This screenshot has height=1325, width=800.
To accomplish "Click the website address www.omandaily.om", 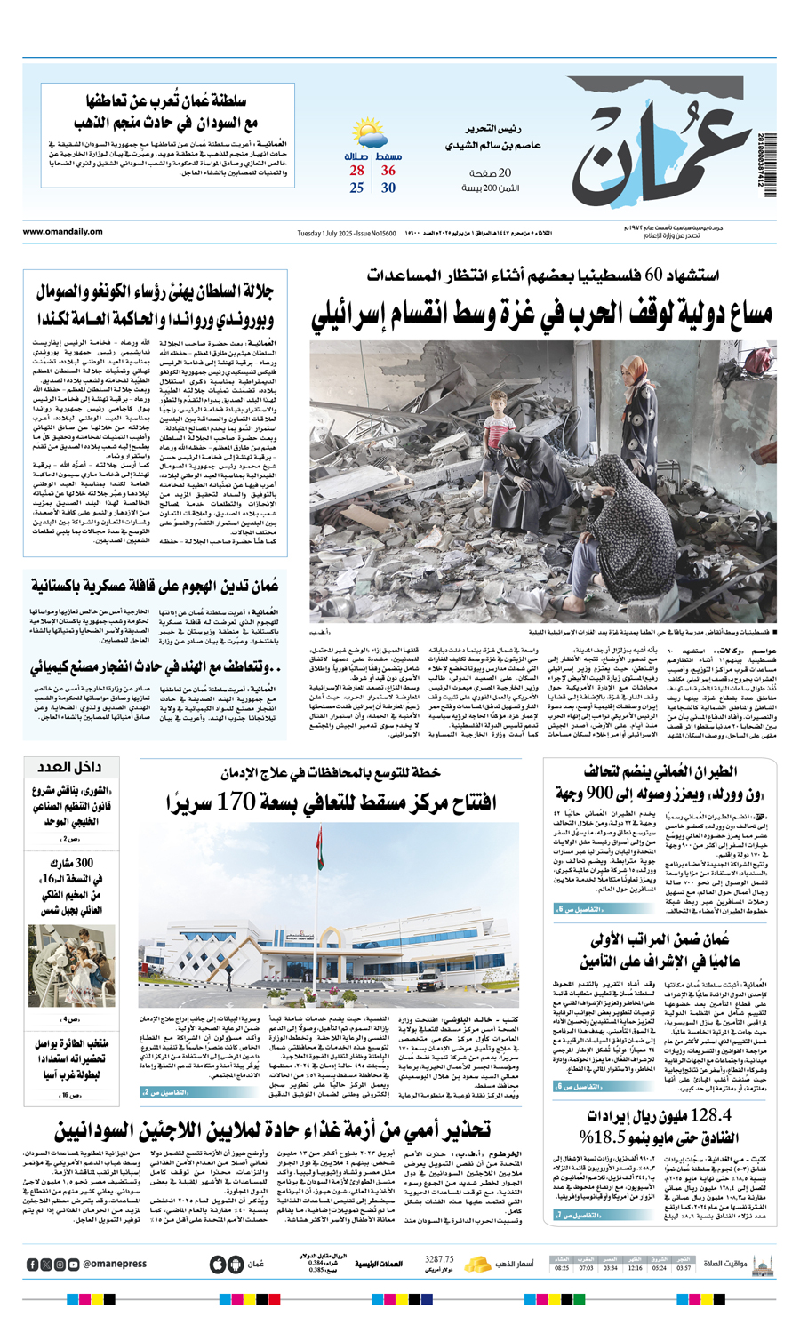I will [x=63, y=232].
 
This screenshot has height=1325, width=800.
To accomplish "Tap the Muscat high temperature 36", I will [x=388, y=171].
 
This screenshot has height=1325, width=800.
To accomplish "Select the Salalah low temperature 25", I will [x=356, y=188].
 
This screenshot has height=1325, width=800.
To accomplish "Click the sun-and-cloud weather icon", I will [x=370, y=134].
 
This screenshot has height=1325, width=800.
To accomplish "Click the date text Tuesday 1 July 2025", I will [x=324, y=233].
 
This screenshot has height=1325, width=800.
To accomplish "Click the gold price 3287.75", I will [x=439, y=1259].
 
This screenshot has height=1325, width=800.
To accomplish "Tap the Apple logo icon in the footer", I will [x=217, y=1264].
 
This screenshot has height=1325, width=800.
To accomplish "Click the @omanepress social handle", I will [x=115, y=1265].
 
